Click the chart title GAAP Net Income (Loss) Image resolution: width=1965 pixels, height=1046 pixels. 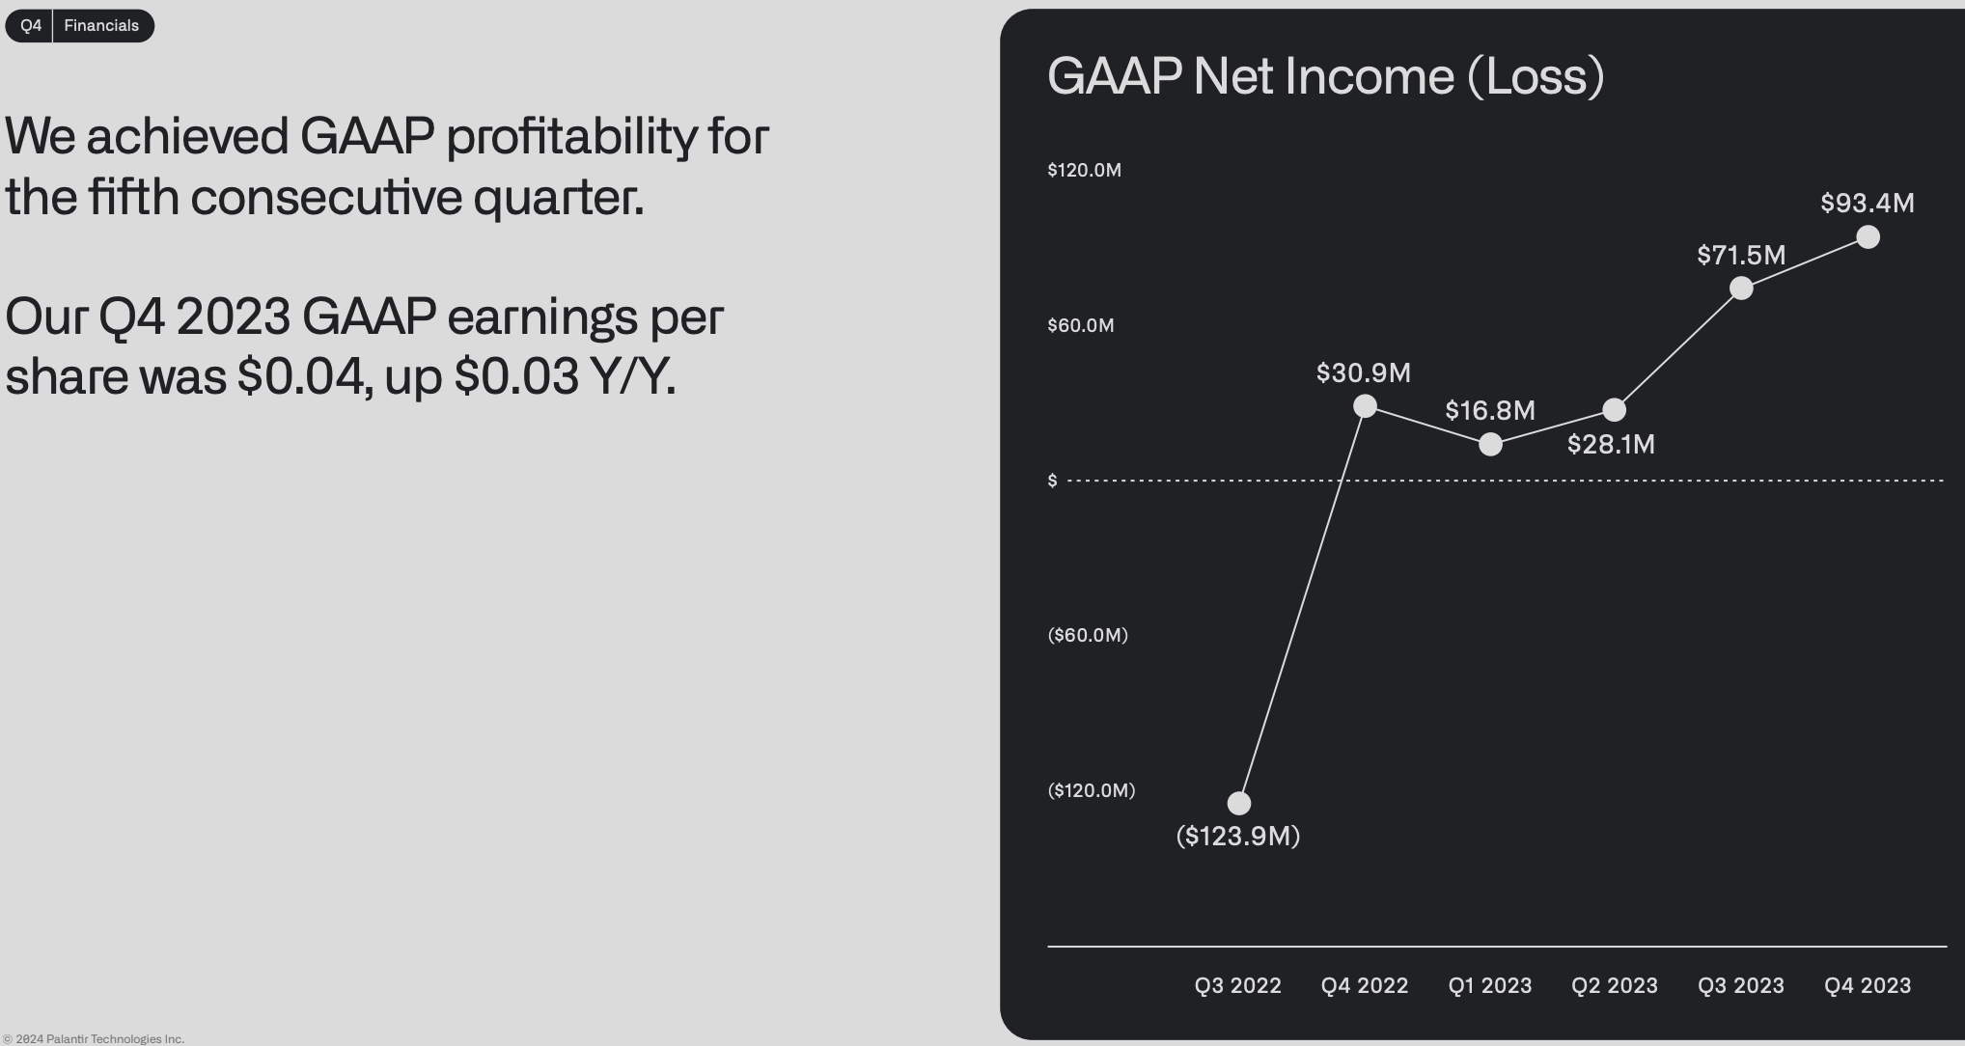1325,76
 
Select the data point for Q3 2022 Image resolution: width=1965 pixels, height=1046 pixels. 1238,803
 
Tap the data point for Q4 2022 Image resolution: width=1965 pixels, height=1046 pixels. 1365,406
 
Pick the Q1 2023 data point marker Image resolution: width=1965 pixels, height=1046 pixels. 1490,444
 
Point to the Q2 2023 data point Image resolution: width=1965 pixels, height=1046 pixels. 1614,410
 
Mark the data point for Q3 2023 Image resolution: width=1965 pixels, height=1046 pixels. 1741,289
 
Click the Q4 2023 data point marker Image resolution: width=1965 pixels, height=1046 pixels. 1868,237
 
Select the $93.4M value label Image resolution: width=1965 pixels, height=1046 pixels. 1868,204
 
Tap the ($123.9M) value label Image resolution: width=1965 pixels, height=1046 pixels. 1238,836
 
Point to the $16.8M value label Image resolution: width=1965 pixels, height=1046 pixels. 1490,411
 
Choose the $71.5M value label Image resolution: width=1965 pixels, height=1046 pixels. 1741,256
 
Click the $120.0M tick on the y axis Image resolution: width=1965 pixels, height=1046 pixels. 1084,171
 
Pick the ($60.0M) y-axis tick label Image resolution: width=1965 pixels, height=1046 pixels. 1088,635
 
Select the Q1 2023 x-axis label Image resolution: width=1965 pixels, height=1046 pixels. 1490,986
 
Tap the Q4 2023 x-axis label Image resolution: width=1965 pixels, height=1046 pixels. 1868,986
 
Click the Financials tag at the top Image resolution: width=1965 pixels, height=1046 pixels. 101,26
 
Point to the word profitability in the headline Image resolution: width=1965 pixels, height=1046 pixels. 571,137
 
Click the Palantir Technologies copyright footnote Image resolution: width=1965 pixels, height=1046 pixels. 93,1039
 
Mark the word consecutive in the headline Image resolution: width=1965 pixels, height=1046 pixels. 326,198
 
